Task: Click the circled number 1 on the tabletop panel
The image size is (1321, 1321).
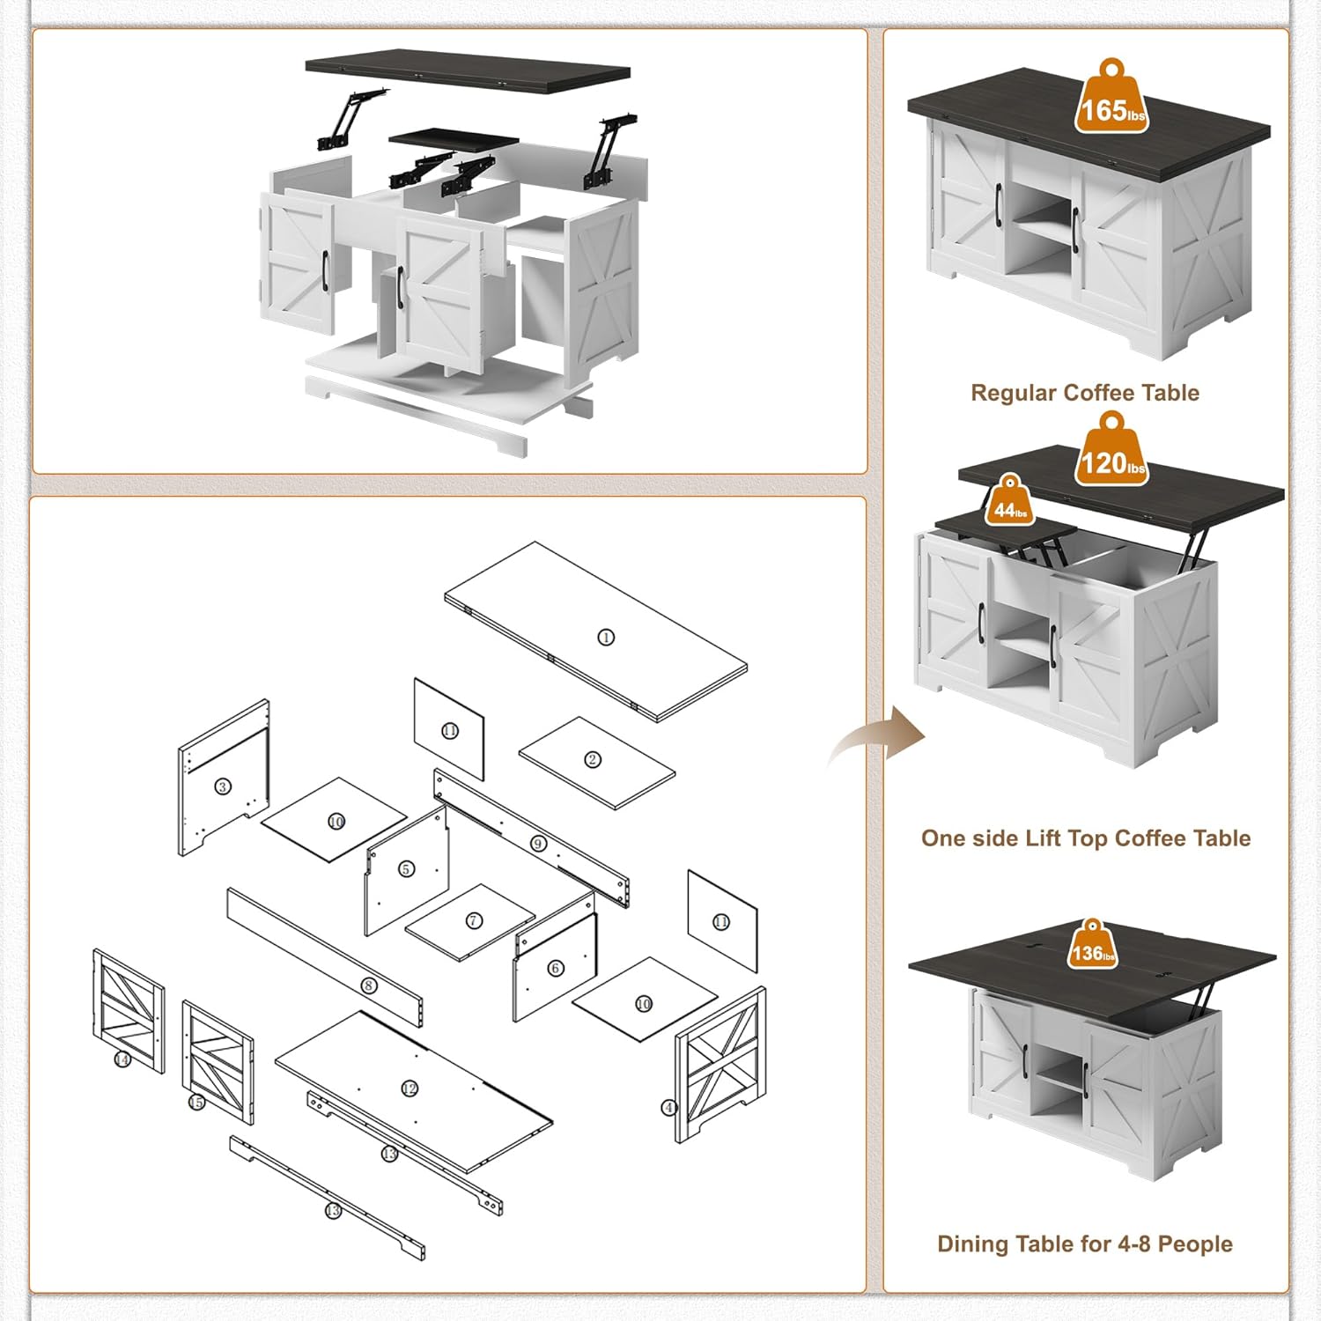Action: (x=606, y=637)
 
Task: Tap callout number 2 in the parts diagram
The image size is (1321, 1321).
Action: (x=593, y=759)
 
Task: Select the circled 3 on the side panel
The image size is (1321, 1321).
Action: (x=223, y=786)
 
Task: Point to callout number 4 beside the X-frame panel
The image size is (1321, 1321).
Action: (x=669, y=1107)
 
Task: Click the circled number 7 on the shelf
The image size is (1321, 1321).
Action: (x=474, y=920)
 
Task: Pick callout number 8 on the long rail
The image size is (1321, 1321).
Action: (x=370, y=985)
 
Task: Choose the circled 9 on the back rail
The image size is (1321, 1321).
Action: (x=539, y=844)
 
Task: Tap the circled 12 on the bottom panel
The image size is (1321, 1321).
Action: (x=409, y=1089)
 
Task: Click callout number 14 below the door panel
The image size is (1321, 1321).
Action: (x=122, y=1059)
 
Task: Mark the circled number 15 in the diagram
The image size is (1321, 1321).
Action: (x=196, y=1103)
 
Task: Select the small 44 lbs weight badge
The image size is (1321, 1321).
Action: (x=1010, y=505)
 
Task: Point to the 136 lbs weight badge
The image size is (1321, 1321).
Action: (x=1093, y=948)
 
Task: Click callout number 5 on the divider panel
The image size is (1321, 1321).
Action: (x=406, y=869)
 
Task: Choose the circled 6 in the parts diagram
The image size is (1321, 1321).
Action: (x=555, y=968)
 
